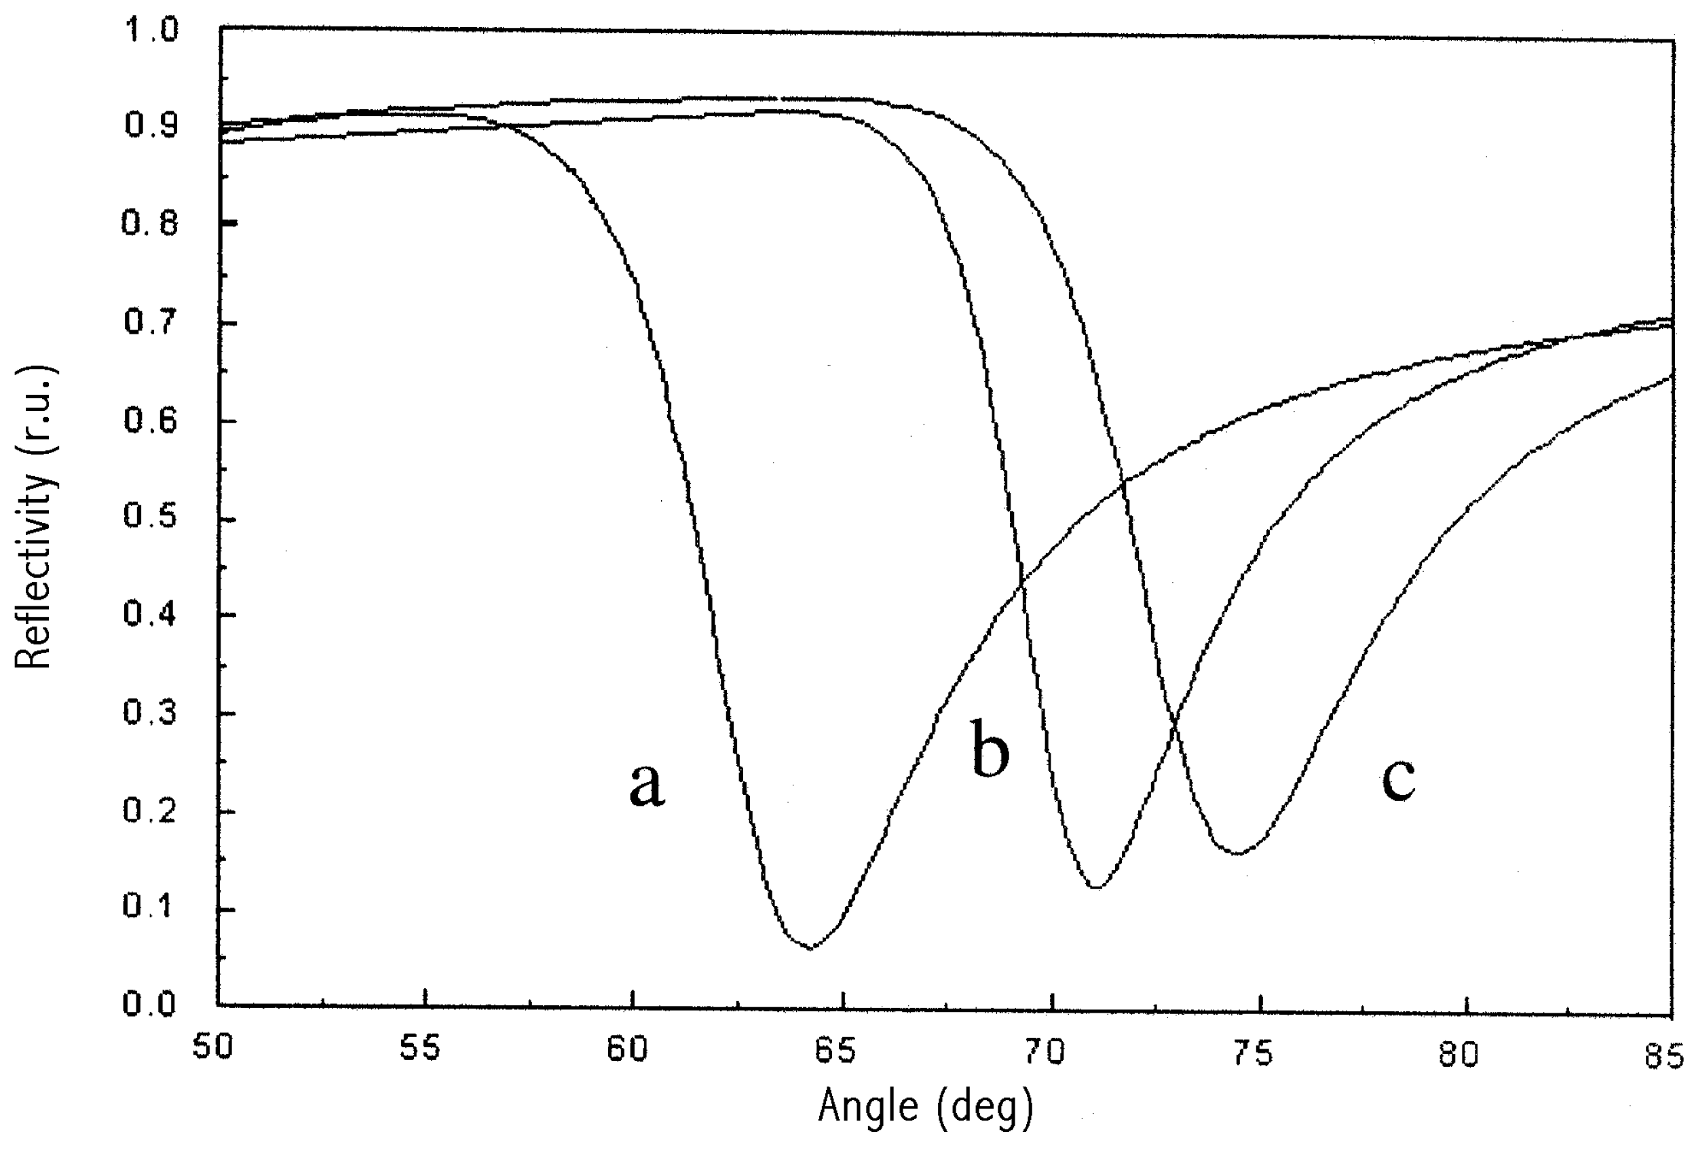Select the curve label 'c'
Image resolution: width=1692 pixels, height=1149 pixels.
(1398, 779)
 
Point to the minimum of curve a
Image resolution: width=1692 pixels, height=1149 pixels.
(810, 948)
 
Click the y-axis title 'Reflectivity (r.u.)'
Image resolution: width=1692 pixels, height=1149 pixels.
(35, 518)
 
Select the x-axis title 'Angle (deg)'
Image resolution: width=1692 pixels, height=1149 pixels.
(925, 1107)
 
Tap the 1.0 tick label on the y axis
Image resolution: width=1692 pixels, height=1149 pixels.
(151, 31)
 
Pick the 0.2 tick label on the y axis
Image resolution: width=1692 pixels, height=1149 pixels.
(151, 810)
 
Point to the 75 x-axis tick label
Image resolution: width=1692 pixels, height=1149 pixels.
(1253, 1053)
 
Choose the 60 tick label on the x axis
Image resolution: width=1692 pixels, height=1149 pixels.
(628, 1050)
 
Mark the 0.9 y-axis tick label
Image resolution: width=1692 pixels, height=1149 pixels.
(151, 125)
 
